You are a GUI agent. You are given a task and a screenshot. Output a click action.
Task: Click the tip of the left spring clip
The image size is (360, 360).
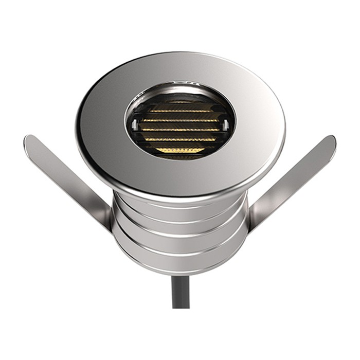(30, 140)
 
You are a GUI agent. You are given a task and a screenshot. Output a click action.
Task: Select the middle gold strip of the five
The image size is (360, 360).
(179, 130)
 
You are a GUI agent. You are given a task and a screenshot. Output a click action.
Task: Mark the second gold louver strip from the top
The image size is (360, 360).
(179, 120)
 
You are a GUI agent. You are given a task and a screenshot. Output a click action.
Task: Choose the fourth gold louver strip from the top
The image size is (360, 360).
(179, 139)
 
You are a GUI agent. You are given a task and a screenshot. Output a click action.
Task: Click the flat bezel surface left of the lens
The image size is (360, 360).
(100, 126)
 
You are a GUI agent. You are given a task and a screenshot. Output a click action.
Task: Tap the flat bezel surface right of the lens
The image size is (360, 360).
(260, 126)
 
